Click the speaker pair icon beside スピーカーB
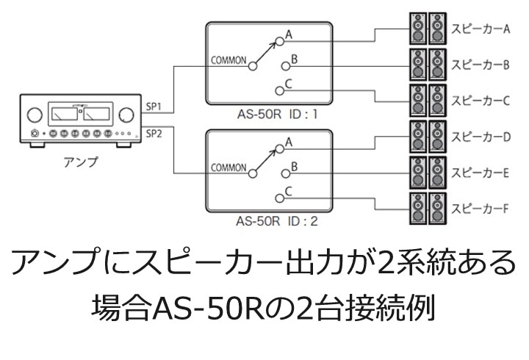(426, 65)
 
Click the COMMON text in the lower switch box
(228, 168)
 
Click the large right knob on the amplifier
(126, 115)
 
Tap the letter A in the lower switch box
(289, 142)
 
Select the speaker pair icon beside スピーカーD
(426, 136)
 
